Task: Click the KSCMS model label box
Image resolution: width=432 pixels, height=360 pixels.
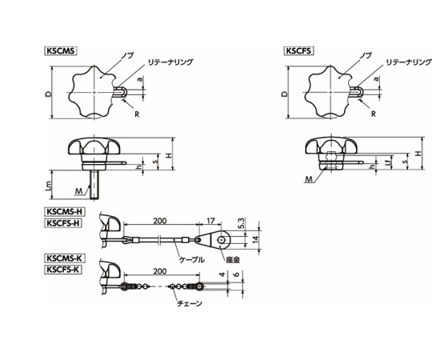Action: (x=60, y=51)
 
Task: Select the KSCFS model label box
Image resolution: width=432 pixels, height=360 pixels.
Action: (x=299, y=51)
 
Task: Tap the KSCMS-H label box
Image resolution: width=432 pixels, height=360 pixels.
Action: (x=65, y=211)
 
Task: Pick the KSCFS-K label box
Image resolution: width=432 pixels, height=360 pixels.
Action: (x=63, y=269)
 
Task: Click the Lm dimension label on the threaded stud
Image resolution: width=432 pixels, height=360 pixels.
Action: (x=49, y=186)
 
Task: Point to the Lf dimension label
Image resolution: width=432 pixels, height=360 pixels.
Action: (x=388, y=162)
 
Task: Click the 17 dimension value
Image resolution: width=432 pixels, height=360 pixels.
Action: (x=210, y=221)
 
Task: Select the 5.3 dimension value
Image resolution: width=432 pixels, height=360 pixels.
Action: (x=241, y=223)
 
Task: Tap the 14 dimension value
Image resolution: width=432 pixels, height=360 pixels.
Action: (x=256, y=239)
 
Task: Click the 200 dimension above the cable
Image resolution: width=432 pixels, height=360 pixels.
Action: (x=160, y=221)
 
